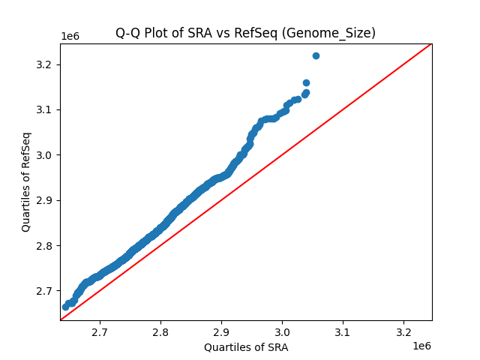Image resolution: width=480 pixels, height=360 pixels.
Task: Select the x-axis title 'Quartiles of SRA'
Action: (x=246, y=347)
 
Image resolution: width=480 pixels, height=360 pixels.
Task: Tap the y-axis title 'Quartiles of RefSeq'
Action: (x=26, y=181)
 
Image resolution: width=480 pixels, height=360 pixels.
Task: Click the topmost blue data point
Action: (x=316, y=55)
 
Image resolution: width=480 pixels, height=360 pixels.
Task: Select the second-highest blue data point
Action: (x=306, y=82)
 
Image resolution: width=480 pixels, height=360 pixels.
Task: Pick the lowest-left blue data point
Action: (x=65, y=307)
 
